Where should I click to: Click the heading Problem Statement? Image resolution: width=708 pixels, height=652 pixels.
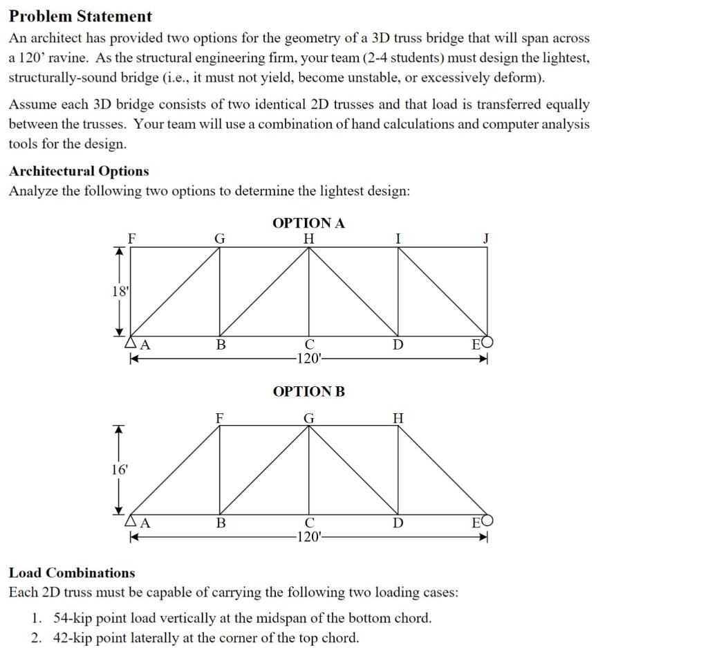(x=80, y=16)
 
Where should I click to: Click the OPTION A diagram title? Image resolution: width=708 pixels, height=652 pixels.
(x=308, y=223)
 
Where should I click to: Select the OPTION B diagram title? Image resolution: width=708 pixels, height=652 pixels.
(x=308, y=392)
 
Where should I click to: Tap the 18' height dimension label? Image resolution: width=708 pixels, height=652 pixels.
(x=120, y=291)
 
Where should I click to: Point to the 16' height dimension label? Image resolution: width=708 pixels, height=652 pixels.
(x=120, y=469)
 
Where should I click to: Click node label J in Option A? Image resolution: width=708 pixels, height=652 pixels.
(x=486, y=238)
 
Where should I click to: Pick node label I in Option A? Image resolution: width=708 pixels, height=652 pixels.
(x=398, y=238)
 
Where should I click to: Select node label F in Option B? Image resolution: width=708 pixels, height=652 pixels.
(x=220, y=417)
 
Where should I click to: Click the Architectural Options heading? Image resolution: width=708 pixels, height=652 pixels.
(x=79, y=171)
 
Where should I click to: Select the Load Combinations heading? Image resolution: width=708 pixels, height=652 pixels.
(x=72, y=572)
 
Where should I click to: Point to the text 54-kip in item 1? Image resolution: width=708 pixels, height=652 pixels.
(x=73, y=617)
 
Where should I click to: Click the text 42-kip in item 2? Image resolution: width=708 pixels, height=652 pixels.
(x=73, y=637)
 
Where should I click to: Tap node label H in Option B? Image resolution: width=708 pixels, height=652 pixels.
(x=398, y=417)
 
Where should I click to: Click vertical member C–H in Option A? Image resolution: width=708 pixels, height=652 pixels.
(x=309, y=291)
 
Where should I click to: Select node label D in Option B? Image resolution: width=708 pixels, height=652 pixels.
(x=398, y=523)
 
